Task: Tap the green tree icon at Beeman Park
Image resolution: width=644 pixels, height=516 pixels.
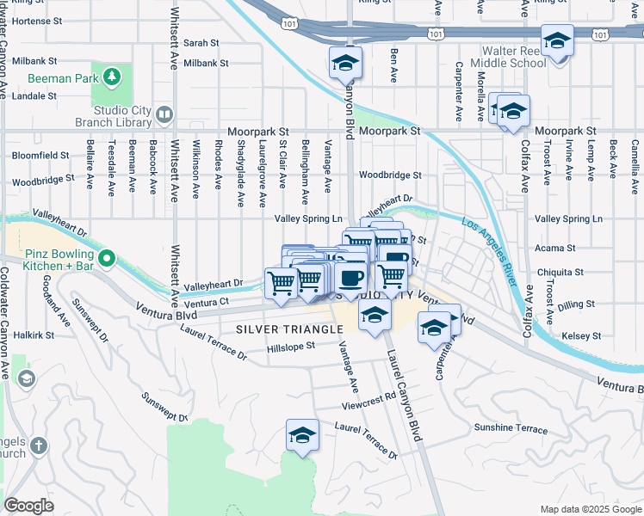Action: (111, 78)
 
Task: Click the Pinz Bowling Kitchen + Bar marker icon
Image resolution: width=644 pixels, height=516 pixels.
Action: (107, 257)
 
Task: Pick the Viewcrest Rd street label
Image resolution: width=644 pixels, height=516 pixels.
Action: (368, 396)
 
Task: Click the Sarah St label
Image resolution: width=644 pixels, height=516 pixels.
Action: (201, 42)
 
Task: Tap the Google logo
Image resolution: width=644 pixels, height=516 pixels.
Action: (29, 506)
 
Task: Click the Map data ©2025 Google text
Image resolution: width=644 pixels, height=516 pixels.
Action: (591, 509)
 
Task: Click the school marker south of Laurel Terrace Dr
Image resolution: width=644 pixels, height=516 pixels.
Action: (303, 435)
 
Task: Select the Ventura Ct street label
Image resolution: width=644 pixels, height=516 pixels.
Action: (206, 303)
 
